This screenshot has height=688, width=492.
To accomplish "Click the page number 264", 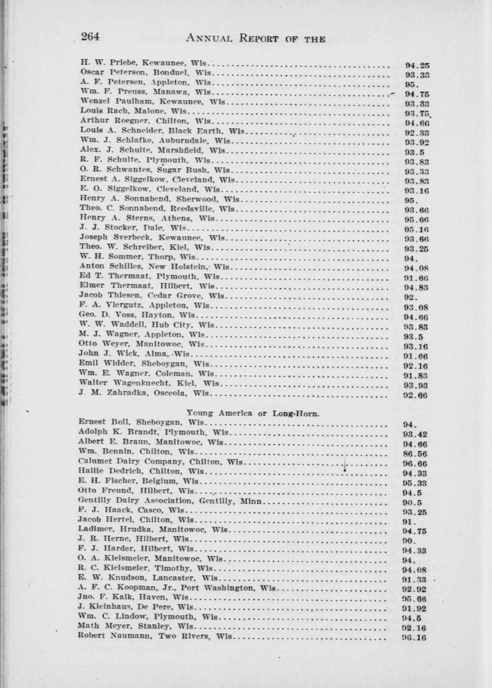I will (90, 37).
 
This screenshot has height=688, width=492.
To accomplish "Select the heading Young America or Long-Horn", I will (253, 413).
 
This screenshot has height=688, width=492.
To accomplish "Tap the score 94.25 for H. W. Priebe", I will (417, 65).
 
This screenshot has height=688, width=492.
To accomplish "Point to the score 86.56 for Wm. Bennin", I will (415, 454).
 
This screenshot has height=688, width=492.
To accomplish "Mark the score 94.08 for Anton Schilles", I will (416, 268).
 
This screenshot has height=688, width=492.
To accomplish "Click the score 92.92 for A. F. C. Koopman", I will (415, 589).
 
